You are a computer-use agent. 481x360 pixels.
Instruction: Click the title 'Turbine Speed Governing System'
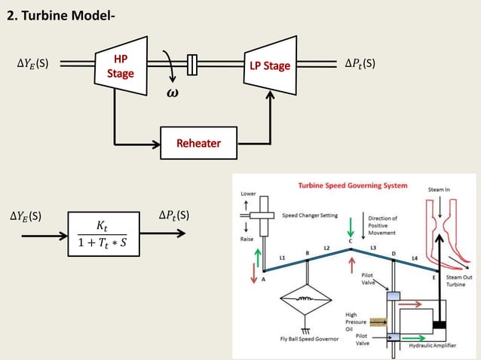coord(353,185)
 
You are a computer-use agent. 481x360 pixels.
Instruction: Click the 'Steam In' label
coord(439,190)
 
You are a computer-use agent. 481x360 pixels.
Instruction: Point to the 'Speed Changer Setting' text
coord(309,215)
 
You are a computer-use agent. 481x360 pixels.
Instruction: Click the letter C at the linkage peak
coord(350,241)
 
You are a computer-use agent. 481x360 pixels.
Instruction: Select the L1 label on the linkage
coord(281,258)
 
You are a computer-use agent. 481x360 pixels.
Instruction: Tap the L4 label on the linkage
coord(415,259)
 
